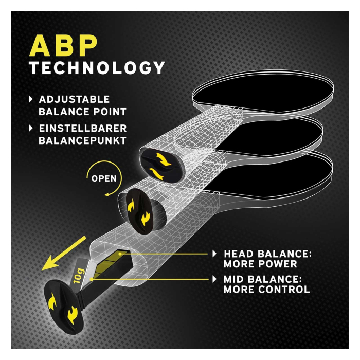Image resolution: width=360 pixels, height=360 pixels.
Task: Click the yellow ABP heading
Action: pos(63,46)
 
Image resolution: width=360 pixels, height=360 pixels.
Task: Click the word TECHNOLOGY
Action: pos(97,68)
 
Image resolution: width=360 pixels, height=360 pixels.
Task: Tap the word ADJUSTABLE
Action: pos(74,99)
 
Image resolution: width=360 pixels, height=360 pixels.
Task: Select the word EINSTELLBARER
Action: pos(83,129)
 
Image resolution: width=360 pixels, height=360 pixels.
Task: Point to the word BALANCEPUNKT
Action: pos(82,140)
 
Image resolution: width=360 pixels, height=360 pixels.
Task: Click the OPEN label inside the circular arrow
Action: pos(104,178)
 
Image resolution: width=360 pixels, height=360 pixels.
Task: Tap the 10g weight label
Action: pos(78,275)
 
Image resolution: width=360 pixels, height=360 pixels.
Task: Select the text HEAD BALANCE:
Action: pos(268,254)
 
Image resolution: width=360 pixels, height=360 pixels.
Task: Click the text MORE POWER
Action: pos(260,264)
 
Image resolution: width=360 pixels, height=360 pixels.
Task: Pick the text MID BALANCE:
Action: pos(262,279)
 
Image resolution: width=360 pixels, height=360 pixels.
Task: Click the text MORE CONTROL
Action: pos(267,290)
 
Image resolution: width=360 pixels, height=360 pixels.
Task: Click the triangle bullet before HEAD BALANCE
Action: pos(214,254)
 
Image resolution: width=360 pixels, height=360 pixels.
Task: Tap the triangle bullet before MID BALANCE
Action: pos(214,279)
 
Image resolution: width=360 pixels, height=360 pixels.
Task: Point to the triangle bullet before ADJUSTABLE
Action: pos(31,99)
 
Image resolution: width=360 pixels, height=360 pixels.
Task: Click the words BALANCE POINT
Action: pos(82,112)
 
